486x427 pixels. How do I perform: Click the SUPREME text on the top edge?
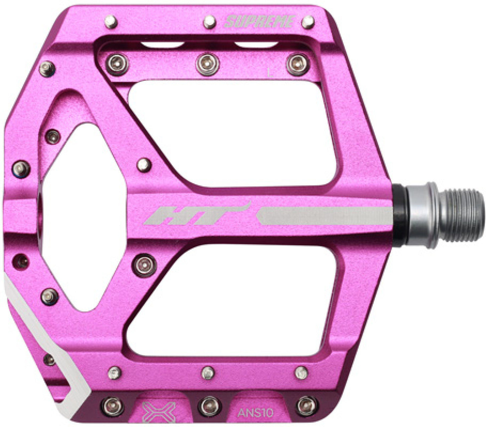(x=260, y=22)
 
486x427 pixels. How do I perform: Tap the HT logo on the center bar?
(x=197, y=215)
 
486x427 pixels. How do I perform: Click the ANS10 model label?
(x=256, y=413)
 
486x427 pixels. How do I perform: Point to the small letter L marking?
(x=271, y=73)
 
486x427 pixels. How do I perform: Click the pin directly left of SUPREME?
(x=209, y=22)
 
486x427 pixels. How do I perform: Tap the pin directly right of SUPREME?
(x=308, y=22)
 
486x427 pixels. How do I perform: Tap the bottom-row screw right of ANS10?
(x=306, y=405)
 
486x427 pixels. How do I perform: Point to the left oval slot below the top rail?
(x=162, y=45)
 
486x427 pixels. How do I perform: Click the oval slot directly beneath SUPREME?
(x=256, y=45)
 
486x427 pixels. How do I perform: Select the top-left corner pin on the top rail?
(x=111, y=22)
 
